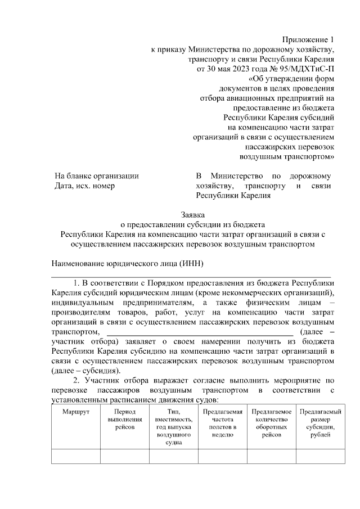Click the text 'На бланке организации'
click(x=97, y=176)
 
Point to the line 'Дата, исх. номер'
click(x=84, y=186)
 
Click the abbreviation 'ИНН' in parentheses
click(x=191, y=264)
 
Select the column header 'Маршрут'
click(x=75, y=412)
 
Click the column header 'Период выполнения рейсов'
click(x=124, y=420)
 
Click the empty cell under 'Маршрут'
click(x=75, y=456)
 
